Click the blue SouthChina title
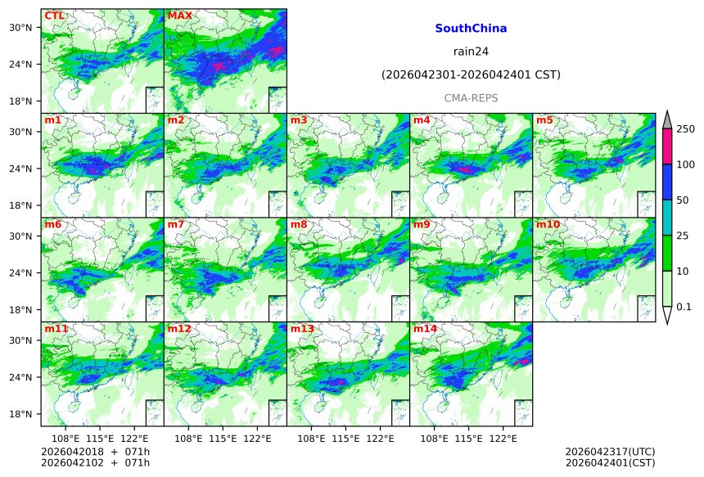coord(471,29)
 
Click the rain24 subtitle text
coord(471,52)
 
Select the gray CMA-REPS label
coord(471,98)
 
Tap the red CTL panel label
coord(55,16)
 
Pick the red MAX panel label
coord(179,16)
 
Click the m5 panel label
coord(544,120)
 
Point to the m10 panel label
coord(548,224)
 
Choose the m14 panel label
coord(425,329)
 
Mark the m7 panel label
coord(176,224)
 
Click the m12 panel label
coord(179,329)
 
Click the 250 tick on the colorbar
coord(685,129)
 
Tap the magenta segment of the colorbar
coord(666,146)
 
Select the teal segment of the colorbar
coord(666,217)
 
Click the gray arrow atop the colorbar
coord(666,119)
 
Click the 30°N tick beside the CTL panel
coord(20,28)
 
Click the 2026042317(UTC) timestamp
coord(610,452)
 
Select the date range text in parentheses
coord(471,75)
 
